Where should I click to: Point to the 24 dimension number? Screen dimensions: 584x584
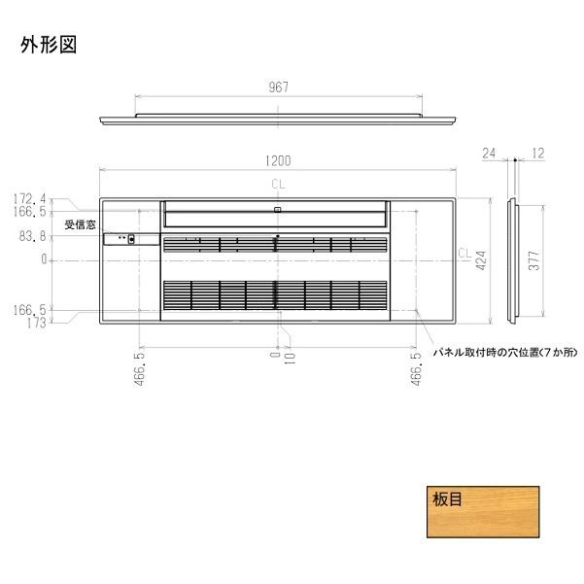tap(488, 154)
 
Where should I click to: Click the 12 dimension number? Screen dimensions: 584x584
tap(538, 154)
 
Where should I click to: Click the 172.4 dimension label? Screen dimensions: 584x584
tap(30, 198)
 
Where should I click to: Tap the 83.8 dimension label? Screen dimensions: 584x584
tap(32, 236)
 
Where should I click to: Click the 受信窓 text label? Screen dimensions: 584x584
tap(81, 224)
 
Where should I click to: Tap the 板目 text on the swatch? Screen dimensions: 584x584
tap(447, 501)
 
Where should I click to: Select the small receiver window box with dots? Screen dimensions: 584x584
tap(122, 238)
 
